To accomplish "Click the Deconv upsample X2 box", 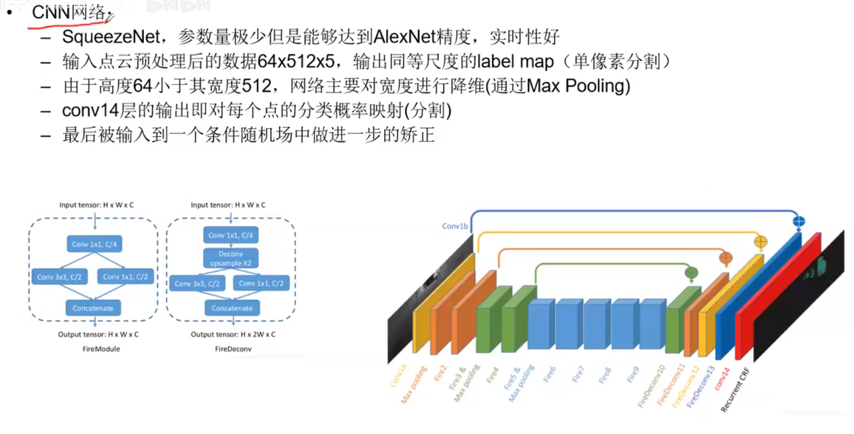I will [231, 259].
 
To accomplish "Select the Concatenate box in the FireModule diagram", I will [93, 308].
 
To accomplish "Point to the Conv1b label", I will [455, 226].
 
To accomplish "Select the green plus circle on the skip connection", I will [691, 273].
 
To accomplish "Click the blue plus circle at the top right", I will [799, 221].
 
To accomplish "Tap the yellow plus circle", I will [760, 242].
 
